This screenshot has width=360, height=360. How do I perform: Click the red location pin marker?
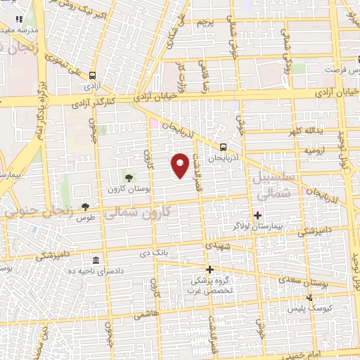point(182,165)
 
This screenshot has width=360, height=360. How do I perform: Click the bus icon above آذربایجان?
point(223,147)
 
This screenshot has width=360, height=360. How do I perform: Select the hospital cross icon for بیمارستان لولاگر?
point(258,215)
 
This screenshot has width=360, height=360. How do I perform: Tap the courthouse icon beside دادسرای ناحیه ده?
point(96,259)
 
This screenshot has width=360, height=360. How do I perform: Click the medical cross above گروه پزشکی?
point(209,269)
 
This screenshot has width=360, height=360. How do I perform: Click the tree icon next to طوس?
point(85,207)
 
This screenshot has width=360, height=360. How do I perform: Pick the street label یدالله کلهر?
point(304,131)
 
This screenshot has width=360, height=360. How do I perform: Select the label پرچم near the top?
point(202,24)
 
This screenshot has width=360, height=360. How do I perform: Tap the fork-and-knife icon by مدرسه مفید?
point(19,19)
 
